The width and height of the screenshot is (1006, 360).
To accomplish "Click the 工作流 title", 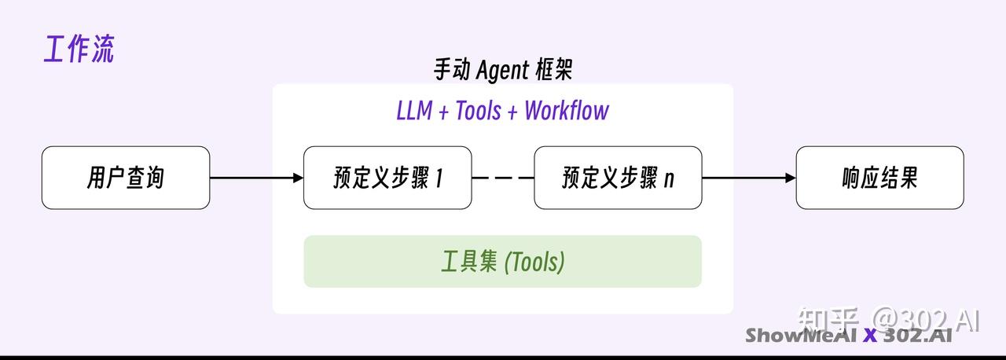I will [79, 49].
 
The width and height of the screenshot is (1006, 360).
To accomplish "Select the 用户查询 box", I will [126, 178].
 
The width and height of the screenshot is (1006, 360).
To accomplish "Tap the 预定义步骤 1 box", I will [387, 178].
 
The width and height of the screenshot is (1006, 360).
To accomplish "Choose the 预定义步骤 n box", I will [618, 178].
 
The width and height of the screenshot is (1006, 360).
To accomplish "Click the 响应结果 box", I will [879, 178].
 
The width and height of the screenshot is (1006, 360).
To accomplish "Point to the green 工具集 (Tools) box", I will [502, 262].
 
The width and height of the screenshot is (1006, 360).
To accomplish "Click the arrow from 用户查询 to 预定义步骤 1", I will [256, 178].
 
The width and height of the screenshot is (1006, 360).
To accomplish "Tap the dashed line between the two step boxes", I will [503, 178].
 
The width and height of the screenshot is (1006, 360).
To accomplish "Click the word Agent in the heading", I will [502, 71].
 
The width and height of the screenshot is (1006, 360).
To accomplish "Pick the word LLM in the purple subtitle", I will [414, 111].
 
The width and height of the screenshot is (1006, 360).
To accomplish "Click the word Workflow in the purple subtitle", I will [567, 111].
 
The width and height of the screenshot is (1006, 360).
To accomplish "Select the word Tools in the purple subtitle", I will [478, 111].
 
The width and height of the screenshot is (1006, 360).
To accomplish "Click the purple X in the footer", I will [869, 336].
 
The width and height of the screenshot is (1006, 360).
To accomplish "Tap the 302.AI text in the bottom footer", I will [916, 336].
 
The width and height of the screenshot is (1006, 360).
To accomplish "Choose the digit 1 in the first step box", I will [439, 178].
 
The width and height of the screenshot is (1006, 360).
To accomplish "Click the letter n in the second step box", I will [669, 180].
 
